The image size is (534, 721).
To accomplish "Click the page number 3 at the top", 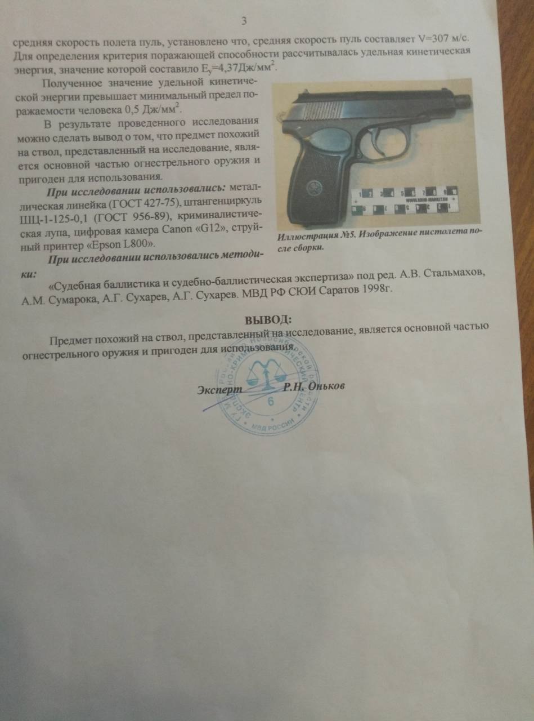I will click(244, 21).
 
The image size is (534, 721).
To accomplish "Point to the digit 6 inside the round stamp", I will click(272, 402).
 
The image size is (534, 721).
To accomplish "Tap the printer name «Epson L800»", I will click(123, 243).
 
